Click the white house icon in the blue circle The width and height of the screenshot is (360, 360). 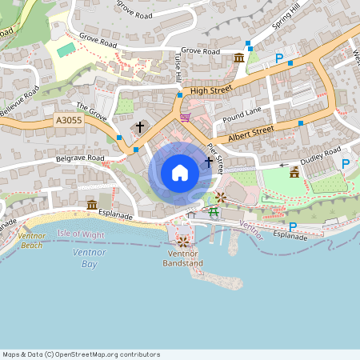pos(180,172)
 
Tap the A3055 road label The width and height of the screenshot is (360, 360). pos(69,120)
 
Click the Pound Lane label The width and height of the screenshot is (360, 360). pos(242,114)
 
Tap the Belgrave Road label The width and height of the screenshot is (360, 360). pos(80,158)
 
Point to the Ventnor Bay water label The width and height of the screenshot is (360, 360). pos(84,258)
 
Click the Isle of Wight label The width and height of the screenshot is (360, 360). pos(82,234)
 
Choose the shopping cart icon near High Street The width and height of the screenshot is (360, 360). pos(186,117)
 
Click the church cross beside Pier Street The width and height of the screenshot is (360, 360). pos(209,162)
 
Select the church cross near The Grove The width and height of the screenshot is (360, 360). pos(140,127)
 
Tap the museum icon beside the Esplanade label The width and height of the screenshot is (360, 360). pos(91,205)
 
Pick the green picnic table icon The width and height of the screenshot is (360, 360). pos(214,211)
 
